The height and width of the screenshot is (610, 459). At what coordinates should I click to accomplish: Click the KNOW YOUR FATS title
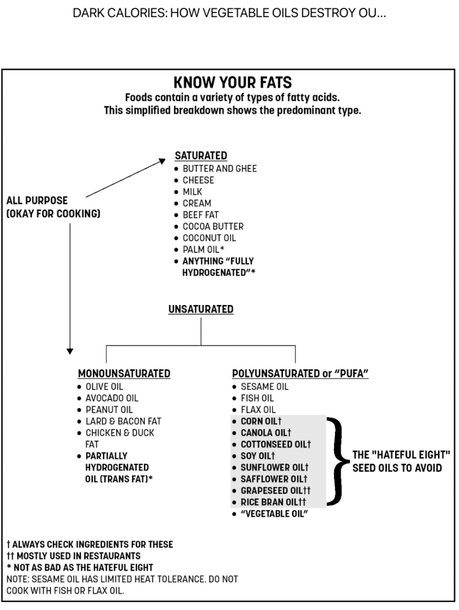232,82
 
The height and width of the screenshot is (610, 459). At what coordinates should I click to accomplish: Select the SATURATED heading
201,155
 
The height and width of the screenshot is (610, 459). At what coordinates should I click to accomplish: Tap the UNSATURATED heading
201,309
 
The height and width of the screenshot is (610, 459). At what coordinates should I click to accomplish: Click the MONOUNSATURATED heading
124,374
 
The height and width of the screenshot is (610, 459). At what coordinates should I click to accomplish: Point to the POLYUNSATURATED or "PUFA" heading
300,374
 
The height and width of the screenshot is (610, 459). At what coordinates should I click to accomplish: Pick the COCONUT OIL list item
209,238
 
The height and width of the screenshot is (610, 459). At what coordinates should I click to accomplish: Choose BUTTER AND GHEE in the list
220,169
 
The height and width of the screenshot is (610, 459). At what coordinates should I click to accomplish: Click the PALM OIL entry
203,250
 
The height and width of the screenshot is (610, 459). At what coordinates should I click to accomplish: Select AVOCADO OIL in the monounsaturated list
112,398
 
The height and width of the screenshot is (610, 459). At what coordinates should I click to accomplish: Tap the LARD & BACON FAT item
123,421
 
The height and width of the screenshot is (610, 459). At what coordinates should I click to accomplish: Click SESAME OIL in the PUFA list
264,386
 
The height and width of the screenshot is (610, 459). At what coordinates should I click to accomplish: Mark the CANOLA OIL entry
265,433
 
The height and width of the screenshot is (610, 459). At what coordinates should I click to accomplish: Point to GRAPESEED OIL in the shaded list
275,491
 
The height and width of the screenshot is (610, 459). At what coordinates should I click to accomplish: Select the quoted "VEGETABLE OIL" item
274,514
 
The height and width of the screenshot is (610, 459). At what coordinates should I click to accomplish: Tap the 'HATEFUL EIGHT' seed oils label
401,461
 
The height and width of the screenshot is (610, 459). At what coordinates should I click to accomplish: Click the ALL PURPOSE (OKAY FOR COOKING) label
53,207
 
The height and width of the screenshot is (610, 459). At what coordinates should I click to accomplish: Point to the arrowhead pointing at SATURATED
162,161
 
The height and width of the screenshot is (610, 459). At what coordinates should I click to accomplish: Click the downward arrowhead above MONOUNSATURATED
70,351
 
